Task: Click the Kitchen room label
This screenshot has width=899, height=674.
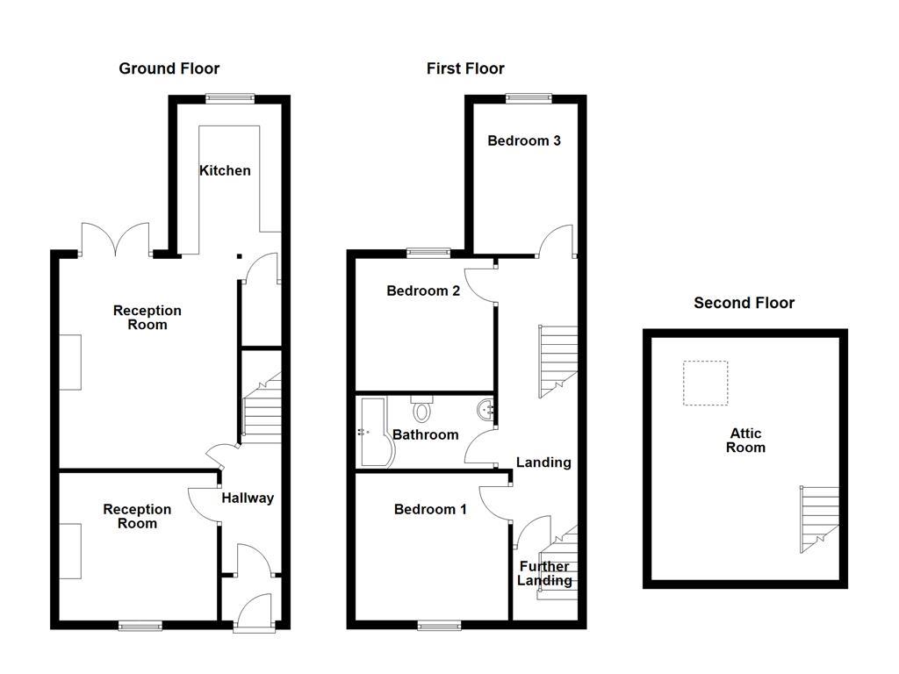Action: pos(225,170)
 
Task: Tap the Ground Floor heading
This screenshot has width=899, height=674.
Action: pos(169,68)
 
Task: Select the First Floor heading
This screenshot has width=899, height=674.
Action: pos(465,68)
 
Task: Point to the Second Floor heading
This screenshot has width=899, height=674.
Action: pos(744,303)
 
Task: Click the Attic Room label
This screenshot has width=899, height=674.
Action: pos(745,440)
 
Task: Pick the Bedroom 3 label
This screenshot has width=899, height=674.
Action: pos(524,140)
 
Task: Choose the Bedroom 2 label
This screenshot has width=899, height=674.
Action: pos(423,290)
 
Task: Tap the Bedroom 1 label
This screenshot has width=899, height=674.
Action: pos(430,509)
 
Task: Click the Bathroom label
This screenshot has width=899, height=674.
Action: pos(425,434)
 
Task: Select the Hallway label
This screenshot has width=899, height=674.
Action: pos(247,498)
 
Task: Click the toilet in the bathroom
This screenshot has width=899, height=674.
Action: pos(422,409)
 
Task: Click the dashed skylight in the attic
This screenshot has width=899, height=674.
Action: pos(706,383)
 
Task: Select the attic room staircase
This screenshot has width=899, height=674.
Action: pos(816,518)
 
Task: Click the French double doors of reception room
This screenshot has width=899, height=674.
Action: pos(115,239)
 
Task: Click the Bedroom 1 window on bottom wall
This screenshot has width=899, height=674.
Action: pos(439,626)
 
